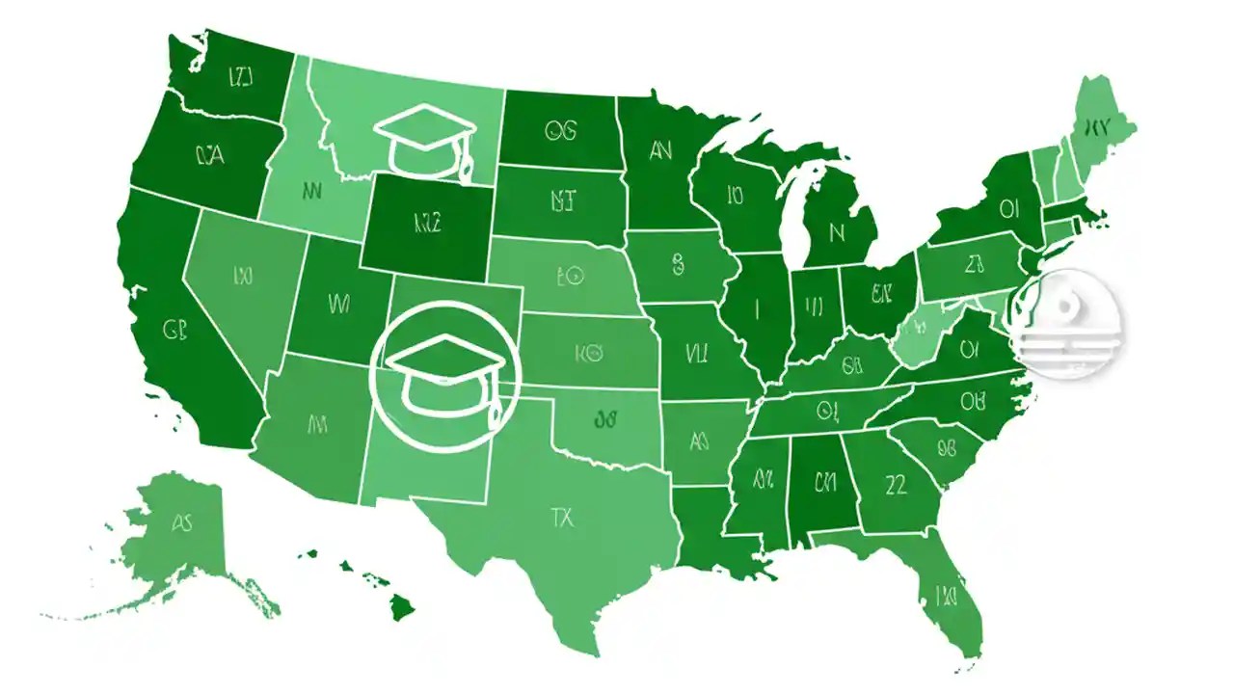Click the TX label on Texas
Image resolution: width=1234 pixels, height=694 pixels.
coord(562,518)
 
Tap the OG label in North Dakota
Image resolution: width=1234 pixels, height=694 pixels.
coord(560,130)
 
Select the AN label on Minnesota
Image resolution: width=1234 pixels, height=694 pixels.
coord(660,149)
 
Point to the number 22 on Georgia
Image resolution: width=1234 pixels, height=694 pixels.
coord(896,485)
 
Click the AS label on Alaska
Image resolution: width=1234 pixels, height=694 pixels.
coord(181,523)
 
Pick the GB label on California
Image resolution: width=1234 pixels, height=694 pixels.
coord(174,331)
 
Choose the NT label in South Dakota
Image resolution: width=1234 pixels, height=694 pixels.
coord(562,200)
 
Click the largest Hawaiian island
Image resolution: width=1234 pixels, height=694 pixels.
coord(402,607)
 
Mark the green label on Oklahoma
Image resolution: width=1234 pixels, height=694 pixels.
coord(605,418)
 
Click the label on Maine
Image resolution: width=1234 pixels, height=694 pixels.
coord(1097,125)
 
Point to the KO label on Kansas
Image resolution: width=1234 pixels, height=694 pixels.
coord(587,354)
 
